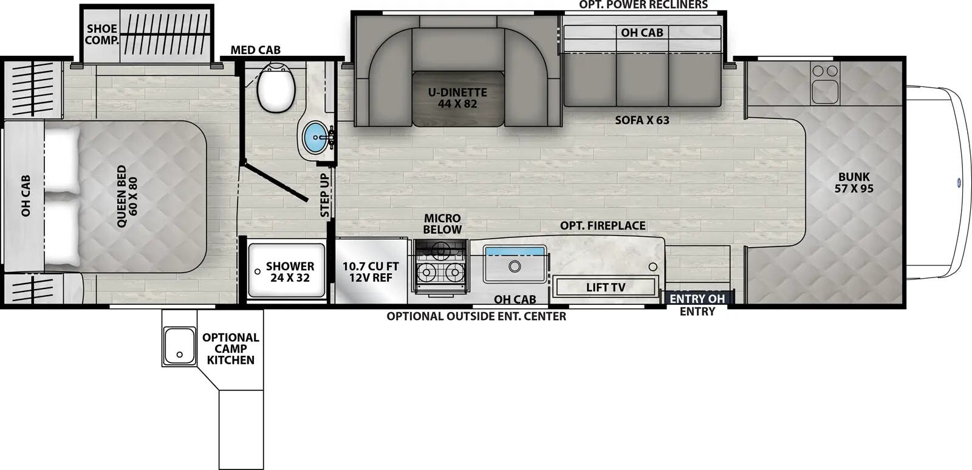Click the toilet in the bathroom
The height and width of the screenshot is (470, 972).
pyautogui.click(x=276, y=88)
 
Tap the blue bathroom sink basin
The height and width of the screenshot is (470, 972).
pyautogui.click(x=315, y=137)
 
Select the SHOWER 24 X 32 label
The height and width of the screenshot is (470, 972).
pyautogui.click(x=290, y=272)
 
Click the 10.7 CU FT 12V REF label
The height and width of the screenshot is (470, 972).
pyautogui.click(x=370, y=272)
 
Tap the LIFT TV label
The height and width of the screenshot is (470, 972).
pyautogui.click(x=605, y=287)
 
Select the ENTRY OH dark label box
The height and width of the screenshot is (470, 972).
pyautogui.click(x=697, y=299)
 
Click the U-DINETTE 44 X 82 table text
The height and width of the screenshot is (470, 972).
pyautogui.click(x=457, y=98)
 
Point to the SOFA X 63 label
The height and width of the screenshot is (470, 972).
pyautogui.click(x=642, y=120)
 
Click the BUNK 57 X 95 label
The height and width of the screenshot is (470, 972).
pyautogui.click(x=854, y=183)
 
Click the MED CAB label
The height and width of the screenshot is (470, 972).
pyautogui.click(x=255, y=50)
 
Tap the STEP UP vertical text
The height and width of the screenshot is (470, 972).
pyautogui.click(x=325, y=195)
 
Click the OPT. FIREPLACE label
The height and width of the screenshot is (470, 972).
pyautogui.click(x=602, y=225)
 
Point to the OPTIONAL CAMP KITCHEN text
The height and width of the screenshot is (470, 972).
pyautogui.click(x=230, y=349)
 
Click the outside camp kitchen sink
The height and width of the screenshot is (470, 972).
pyautogui.click(x=179, y=346)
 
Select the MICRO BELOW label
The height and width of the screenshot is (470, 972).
pyautogui.click(x=442, y=223)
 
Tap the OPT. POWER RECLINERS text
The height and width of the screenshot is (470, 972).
pyautogui.click(x=643, y=5)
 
